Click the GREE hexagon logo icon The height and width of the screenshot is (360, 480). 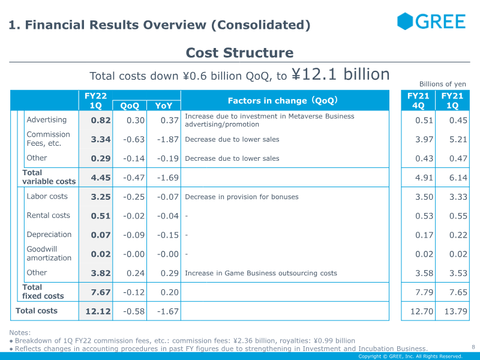[x=405, y=21]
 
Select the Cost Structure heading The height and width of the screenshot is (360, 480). [x=239, y=53]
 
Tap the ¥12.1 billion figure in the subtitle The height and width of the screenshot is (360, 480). [x=340, y=74]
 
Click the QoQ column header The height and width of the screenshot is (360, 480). [x=130, y=106]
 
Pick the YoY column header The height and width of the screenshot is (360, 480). [x=164, y=106]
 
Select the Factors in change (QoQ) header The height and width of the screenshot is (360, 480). [x=283, y=100]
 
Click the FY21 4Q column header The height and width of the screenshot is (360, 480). [x=418, y=101]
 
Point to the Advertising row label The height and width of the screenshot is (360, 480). [x=47, y=119]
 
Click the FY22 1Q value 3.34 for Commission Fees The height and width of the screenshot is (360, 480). [x=101, y=139]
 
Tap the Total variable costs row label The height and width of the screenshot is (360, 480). [x=49, y=177]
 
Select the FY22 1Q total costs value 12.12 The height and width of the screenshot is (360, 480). [x=98, y=311]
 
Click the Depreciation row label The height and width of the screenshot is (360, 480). [x=49, y=235]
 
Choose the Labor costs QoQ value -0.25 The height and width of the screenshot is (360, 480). [x=134, y=197]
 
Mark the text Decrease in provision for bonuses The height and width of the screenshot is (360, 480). [x=242, y=197]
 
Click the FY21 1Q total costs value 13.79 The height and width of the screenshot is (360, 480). [x=456, y=311]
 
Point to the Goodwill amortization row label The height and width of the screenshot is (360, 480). [x=49, y=253]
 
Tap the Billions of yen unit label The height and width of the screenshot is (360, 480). [x=443, y=84]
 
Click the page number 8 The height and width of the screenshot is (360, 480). [x=473, y=347]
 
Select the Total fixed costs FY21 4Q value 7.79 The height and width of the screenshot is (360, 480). [x=424, y=292]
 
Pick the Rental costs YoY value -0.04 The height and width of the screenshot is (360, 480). [x=168, y=216]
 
